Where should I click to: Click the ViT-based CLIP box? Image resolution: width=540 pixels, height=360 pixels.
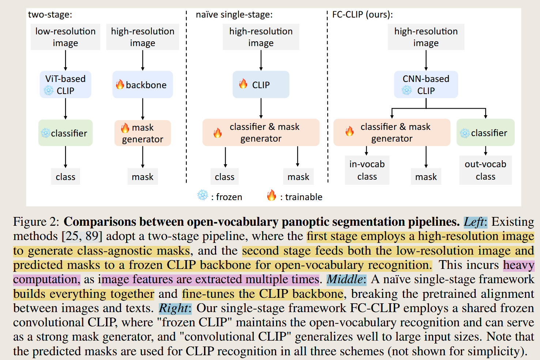coord(65,85)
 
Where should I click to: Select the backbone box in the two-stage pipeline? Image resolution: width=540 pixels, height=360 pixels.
coord(143,85)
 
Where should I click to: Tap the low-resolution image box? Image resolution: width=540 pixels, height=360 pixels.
coord(65,37)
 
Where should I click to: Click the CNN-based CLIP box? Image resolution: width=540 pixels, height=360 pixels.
coord(426,85)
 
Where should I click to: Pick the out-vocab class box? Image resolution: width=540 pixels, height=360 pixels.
coord(485,170)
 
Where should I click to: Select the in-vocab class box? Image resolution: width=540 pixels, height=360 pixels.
coord(367,170)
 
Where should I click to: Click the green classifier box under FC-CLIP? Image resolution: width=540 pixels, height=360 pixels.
coord(485,133)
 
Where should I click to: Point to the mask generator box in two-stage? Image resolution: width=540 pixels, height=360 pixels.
coord(143,133)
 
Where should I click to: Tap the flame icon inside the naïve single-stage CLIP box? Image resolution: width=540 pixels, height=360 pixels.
coord(243,84)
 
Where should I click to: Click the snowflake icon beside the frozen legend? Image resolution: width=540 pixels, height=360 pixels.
coord(203,195)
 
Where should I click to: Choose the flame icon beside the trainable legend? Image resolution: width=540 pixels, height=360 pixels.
coord(271,195)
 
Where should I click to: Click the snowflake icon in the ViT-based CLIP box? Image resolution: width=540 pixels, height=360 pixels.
coord(49,90)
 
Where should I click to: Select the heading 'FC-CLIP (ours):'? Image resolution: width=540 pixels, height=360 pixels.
coord(362,15)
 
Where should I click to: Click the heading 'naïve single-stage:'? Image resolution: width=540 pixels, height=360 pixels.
coord(234,15)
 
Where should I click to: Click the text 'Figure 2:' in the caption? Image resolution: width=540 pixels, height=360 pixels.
coord(36,222)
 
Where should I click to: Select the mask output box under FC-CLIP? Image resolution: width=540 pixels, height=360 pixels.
coord(426,177)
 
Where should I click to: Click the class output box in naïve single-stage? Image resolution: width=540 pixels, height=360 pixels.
coord(224,177)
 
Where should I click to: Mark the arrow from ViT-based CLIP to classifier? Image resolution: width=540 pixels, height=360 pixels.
coord(65,109)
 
